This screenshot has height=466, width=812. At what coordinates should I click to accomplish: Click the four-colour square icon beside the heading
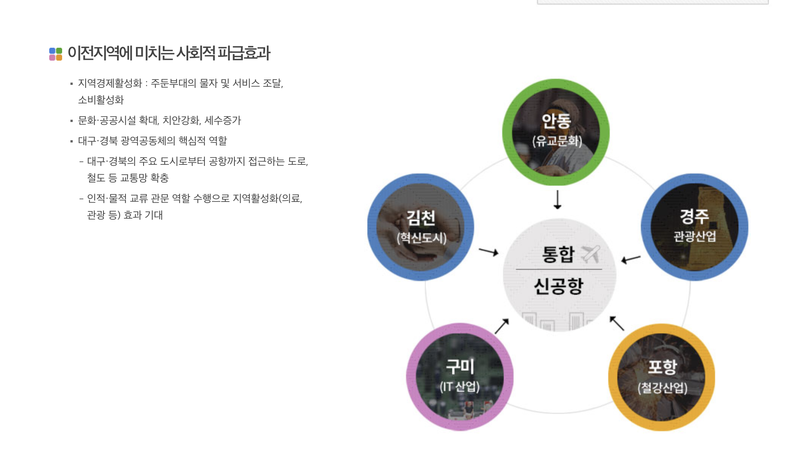coord(56,54)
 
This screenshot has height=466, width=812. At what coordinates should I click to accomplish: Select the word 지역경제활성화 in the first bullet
coord(110,83)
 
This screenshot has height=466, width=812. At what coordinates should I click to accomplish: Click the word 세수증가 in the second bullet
coord(223,120)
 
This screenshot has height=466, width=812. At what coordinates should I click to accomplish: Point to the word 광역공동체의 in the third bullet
coord(148,141)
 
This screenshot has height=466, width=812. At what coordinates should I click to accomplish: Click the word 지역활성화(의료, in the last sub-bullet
coord(267,198)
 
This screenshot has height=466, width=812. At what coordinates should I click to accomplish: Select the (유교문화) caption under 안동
coord(557,141)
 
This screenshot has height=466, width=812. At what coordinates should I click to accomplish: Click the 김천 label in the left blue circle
coord(421,217)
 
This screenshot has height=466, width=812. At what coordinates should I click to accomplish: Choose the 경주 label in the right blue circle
coord(694,216)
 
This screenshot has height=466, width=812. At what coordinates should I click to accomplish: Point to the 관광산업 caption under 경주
coord(695,236)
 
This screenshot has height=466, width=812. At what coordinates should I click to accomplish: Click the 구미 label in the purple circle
coord(460,366)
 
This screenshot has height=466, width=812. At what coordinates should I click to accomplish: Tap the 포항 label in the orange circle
coord(662,366)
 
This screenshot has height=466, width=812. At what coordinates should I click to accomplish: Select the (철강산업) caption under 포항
coord(662,388)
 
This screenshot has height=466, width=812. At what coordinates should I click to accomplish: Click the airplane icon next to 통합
coord(591,253)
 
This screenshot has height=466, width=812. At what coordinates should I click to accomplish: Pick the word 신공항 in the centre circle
coord(559,286)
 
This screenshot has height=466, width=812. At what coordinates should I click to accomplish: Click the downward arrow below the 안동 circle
coord(557,200)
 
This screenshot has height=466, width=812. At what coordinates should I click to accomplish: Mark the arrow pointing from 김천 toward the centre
coord(489,252)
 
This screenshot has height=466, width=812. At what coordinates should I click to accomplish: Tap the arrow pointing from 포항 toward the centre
coord(617,324)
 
